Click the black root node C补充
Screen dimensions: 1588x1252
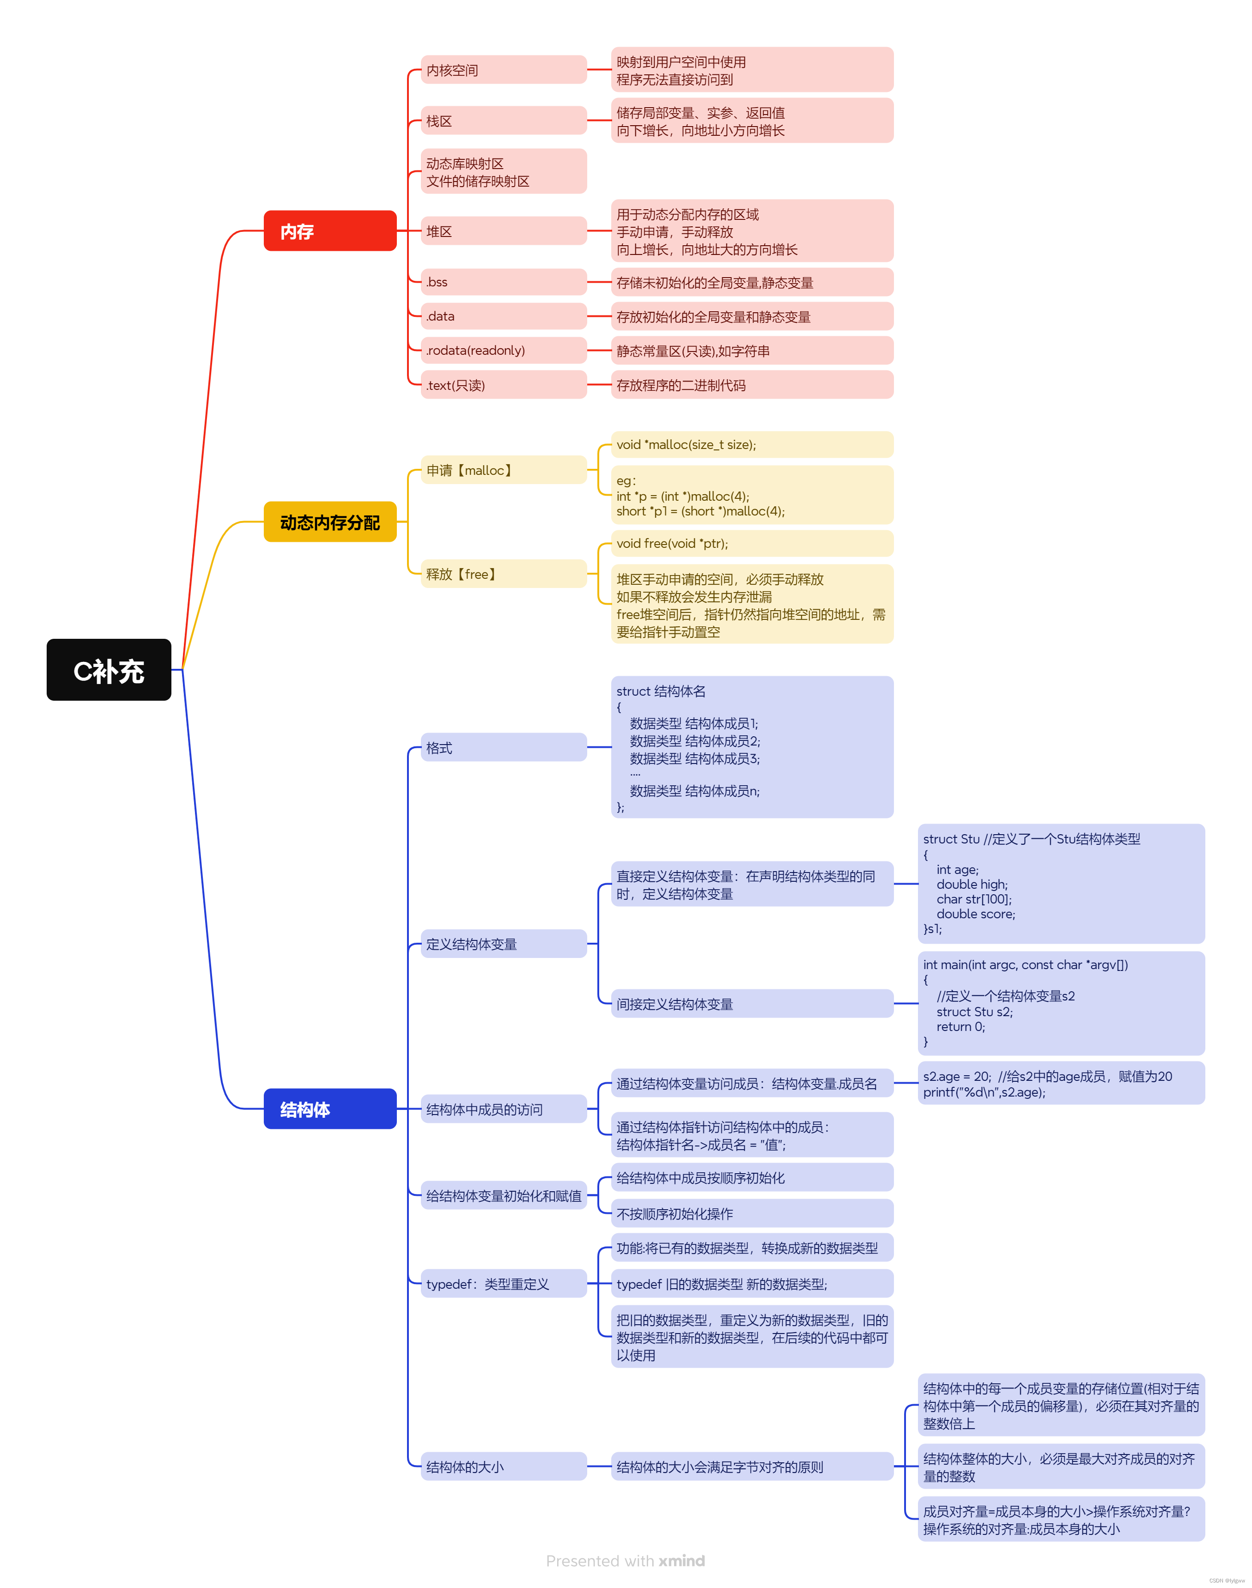point(109,670)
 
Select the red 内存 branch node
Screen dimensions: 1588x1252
point(330,231)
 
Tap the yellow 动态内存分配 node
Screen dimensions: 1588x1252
point(330,522)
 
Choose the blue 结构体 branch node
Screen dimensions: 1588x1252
point(330,1109)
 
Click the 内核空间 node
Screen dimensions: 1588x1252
point(503,70)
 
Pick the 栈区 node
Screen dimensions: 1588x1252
point(503,120)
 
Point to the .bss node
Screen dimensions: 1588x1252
point(503,281)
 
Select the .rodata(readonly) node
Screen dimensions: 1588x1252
point(503,350)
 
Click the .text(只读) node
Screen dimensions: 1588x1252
point(503,385)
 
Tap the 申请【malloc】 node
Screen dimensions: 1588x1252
point(503,470)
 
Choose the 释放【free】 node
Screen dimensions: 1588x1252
point(503,574)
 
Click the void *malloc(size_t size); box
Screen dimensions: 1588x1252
point(751,444)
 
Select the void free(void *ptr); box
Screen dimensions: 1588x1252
point(751,543)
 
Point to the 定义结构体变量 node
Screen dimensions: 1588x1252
point(503,944)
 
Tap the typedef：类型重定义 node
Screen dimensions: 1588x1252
point(503,1284)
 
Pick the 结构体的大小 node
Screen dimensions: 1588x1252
point(503,1467)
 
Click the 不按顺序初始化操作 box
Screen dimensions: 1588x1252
point(751,1213)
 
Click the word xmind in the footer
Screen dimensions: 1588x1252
point(682,1561)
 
